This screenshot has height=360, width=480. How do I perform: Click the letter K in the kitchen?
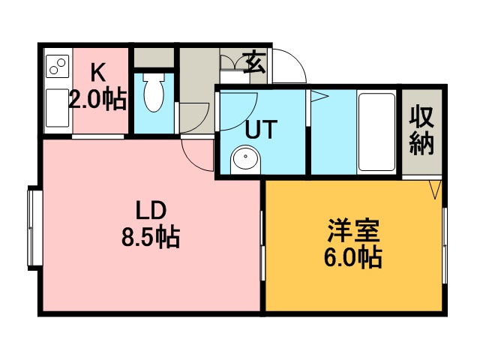[99, 72]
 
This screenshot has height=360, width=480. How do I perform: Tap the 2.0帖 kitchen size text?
[97, 99]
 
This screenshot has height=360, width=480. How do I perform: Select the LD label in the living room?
[151, 210]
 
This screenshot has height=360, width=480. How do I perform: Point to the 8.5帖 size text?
[151, 237]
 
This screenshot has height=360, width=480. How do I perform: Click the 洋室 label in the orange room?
[353, 230]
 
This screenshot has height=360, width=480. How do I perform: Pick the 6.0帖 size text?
[353, 257]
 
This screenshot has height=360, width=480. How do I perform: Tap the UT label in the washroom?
[262, 130]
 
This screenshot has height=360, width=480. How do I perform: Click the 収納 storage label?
[421, 130]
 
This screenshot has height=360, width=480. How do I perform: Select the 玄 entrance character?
[254, 63]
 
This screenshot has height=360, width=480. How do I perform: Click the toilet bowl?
[154, 92]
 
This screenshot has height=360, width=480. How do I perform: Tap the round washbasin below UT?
[246, 157]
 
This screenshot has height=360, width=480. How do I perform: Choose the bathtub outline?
[376, 132]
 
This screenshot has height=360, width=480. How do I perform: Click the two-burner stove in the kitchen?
[58, 67]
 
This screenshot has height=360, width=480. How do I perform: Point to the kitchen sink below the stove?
[57, 108]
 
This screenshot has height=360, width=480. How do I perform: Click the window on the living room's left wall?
[34, 228]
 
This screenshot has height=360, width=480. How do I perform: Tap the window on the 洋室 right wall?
[445, 245]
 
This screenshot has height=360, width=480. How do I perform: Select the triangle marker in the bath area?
[319, 97]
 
